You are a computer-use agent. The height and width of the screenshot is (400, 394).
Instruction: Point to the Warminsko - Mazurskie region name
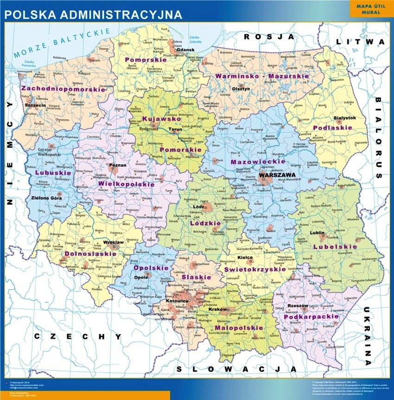[261, 75]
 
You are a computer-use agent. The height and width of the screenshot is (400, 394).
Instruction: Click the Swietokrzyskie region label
[254, 269]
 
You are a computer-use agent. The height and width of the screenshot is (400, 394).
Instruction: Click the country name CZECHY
[78, 337]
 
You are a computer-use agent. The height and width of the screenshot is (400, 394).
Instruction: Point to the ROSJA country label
[269, 37]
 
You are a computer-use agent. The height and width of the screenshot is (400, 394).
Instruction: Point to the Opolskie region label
[145, 268]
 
